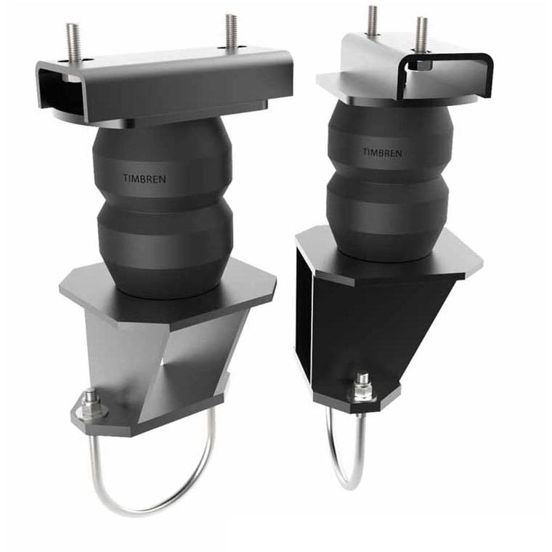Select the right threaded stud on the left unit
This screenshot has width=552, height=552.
click(x=230, y=32)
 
